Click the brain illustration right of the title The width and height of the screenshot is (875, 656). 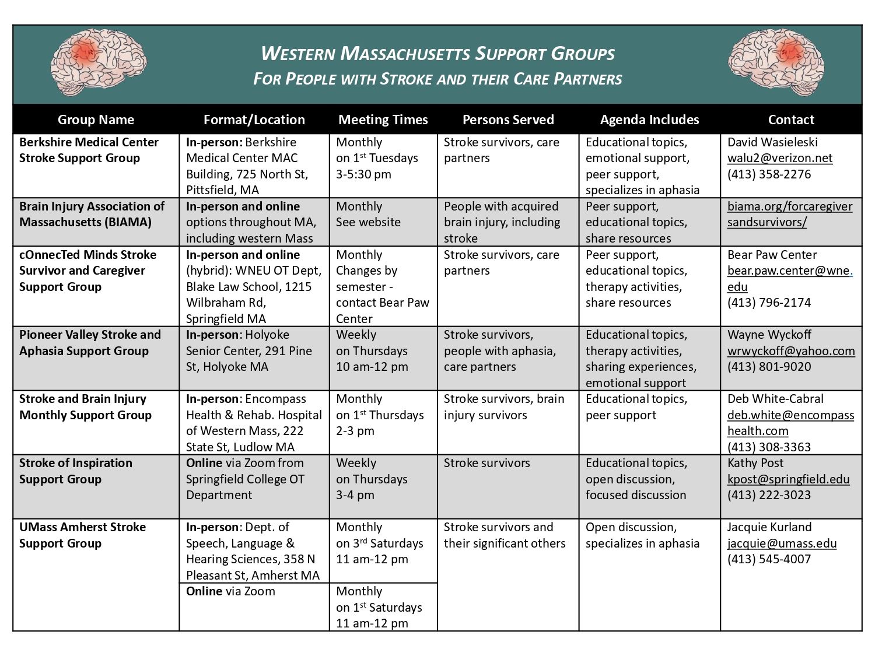coord(776,62)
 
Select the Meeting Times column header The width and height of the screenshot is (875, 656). coord(383,120)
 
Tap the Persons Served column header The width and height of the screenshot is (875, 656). coord(508,120)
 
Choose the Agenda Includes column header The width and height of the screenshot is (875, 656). coord(649,120)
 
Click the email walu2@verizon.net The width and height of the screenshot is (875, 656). coord(779,158)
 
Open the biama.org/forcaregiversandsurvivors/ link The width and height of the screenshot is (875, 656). coord(789,214)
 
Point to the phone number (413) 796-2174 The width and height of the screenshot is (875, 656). coord(769,303)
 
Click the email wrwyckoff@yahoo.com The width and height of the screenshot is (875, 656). coord(790,351)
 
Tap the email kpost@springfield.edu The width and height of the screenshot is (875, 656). coord(788,479)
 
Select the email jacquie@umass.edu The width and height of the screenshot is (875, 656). coord(782,543)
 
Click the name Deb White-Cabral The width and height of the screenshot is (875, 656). coord(775,399)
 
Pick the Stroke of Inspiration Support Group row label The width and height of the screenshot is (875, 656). coord(75,471)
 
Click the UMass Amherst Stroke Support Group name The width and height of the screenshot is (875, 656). coord(82,535)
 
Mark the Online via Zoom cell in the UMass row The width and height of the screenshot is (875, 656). coord(230,591)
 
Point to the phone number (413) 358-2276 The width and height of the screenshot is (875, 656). coord(769,174)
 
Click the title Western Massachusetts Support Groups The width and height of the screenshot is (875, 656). coord(437,54)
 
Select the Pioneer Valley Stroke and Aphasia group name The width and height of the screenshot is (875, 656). coord(89,343)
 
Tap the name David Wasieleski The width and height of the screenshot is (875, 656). coord(772,142)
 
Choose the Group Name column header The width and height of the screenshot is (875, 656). coord(96,120)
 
